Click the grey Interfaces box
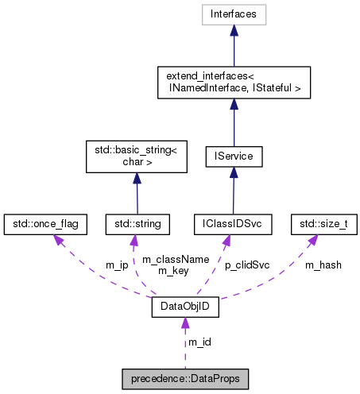coord(233,14)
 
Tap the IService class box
coord(233,156)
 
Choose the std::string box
coord(136,224)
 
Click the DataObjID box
coord(185,306)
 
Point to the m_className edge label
coord(164,259)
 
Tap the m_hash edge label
coord(323,265)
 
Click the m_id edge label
coord(199,342)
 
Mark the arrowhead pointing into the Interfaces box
coord(233,29)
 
